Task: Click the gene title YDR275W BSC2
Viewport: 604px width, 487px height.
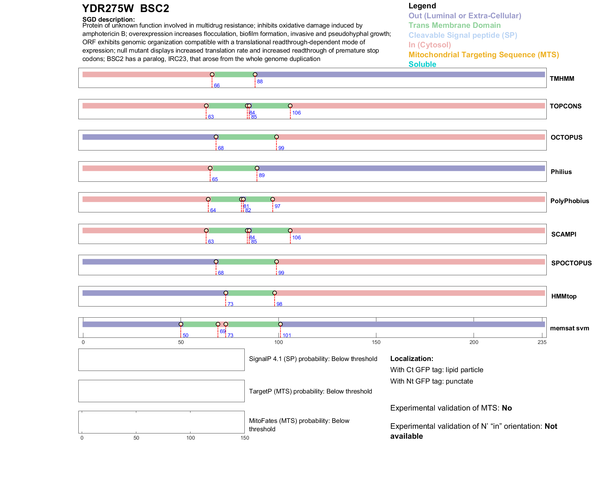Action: [125, 9]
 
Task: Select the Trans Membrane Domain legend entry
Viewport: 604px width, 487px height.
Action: [454, 25]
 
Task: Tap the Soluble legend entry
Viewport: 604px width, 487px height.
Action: [422, 64]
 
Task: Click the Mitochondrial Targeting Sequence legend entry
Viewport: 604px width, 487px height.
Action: [484, 55]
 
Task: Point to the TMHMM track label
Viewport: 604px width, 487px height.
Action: [562, 79]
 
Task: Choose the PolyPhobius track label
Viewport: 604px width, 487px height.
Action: [570, 201]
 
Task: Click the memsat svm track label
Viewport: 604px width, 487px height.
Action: [569, 328]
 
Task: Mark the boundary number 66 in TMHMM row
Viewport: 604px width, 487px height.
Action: [217, 86]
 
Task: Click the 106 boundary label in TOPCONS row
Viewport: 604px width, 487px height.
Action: [296, 113]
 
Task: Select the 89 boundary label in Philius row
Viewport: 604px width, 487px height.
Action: [262, 176]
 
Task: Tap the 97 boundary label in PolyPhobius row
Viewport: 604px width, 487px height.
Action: [277, 207]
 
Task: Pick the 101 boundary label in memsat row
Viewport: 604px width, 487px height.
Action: [287, 336]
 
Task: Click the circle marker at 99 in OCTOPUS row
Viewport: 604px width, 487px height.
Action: [277, 137]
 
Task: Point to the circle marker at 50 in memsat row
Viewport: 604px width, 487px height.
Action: [181, 324]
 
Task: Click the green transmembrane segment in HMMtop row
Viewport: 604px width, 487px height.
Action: [250, 293]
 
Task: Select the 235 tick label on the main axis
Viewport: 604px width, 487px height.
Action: [542, 342]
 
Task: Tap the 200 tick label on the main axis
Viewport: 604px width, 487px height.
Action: [474, 342]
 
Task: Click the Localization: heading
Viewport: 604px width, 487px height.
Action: [412, 359]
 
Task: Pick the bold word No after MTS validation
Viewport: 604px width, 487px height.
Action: [507, 408]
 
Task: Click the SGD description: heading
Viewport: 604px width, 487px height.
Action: [108, 20]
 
